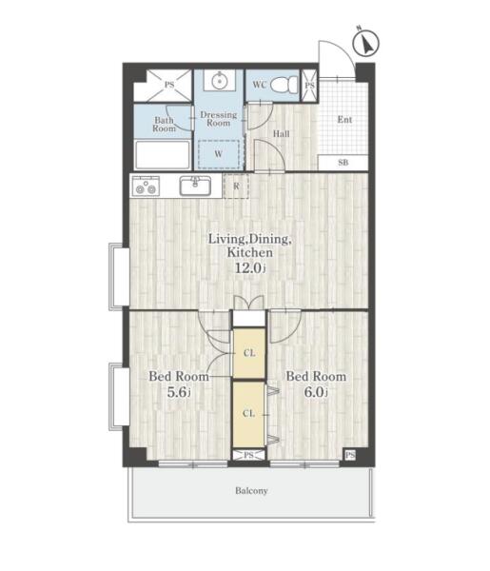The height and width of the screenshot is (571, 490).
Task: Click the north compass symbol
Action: pos(365,42)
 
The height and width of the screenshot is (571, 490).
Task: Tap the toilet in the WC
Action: pos(284,85)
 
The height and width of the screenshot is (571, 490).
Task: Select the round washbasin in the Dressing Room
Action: pos(220,80)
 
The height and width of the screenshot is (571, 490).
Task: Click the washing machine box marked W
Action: pos(219,154)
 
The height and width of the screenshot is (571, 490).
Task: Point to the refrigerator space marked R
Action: pos(236,187)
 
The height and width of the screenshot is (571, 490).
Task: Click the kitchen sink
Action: pos(195,186)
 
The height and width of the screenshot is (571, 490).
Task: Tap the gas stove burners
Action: pos(146,186)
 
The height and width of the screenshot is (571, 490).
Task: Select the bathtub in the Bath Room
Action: pos(163,155)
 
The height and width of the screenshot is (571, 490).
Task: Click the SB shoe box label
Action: pos(343,163)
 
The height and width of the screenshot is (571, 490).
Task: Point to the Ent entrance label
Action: pos(344,120)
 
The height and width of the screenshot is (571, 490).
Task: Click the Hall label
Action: pos(282,134)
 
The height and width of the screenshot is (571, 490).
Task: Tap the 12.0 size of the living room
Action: pos(250,268)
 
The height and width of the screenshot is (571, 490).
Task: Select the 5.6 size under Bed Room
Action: pos(179,392)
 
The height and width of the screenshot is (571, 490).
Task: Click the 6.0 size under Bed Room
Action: pos(316,392)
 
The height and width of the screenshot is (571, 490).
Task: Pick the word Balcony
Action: pos(251,491)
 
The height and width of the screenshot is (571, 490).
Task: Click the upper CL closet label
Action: pos(249,353)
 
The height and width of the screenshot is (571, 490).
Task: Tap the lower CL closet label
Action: pos(248,414)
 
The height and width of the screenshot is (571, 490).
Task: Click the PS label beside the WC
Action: pos(310,86)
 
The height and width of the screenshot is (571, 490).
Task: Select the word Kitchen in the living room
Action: pos(249,252)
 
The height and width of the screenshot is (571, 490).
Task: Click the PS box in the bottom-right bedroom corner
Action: pos(350,455)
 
